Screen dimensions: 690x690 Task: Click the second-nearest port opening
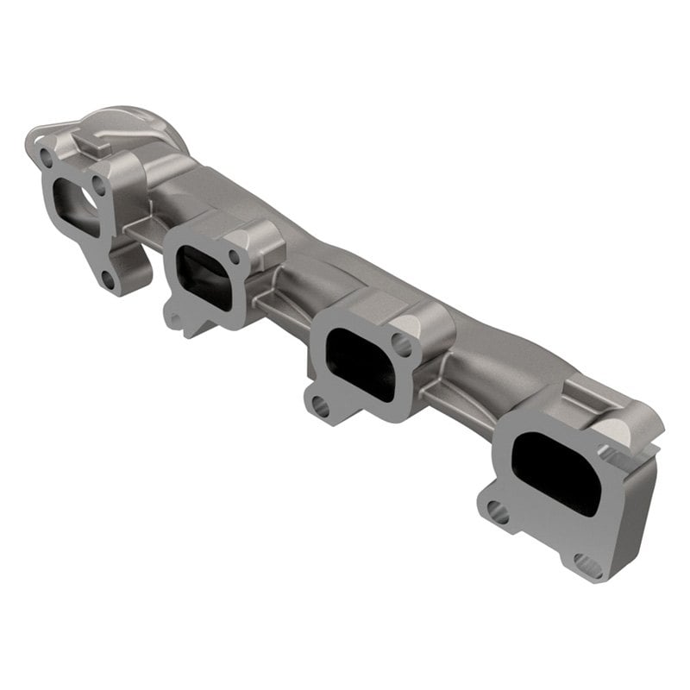362,354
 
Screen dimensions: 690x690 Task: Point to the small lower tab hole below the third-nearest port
177,322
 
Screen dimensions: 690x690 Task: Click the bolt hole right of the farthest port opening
100,184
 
